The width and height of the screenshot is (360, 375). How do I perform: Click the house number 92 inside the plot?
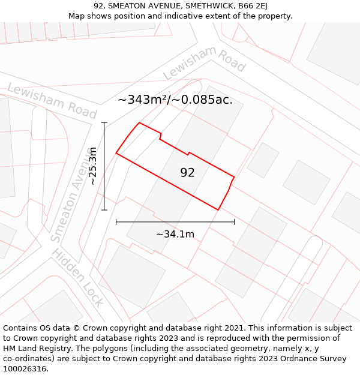tap(187, 173)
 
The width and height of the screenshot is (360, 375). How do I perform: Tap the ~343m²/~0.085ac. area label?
tap(175, 100)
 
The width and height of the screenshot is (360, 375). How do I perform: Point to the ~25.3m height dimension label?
tap(93, 166)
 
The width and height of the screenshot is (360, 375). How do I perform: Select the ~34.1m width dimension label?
tap(175, 234)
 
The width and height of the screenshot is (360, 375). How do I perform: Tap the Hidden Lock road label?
tap(78, 277)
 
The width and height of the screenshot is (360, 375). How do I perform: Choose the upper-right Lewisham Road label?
tap(204, 62)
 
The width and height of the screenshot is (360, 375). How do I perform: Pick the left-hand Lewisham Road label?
tap(52, 100)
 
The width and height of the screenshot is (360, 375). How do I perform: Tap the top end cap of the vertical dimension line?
tap(104, 123)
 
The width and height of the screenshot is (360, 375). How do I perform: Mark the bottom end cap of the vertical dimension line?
tap(104, 210)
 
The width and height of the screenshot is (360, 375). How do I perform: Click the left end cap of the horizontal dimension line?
tap(116, 222)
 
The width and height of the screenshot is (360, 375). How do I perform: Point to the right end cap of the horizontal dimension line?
tap(234, 222)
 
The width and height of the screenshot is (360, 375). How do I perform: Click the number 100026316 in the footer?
tap(26, 369)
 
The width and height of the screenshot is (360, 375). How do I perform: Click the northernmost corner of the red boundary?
tap(139, 123)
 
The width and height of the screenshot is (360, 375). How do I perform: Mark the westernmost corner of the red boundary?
tap(116, 154)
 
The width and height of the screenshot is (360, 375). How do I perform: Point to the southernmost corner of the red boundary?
tap(218, 210)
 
